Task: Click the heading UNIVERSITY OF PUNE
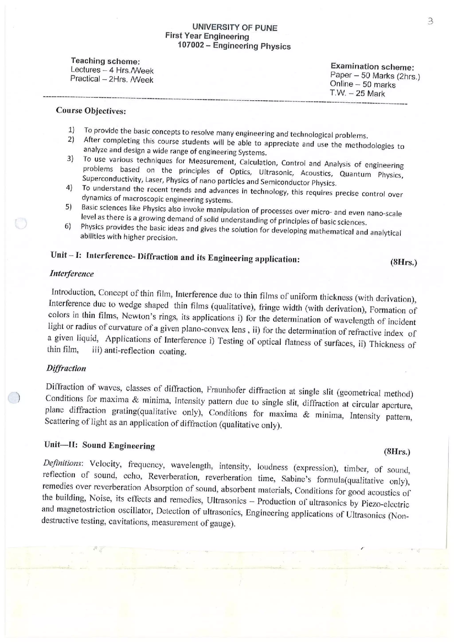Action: point(235,28)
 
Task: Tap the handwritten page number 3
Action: point(430,21)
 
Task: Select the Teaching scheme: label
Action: point(105,61)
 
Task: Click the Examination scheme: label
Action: point(372,67)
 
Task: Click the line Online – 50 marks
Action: point(363,84)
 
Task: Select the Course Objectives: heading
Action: point(91,111)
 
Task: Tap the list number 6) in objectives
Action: point(68,226)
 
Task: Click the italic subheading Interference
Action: point(72,274)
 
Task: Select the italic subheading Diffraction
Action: point(66,368)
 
